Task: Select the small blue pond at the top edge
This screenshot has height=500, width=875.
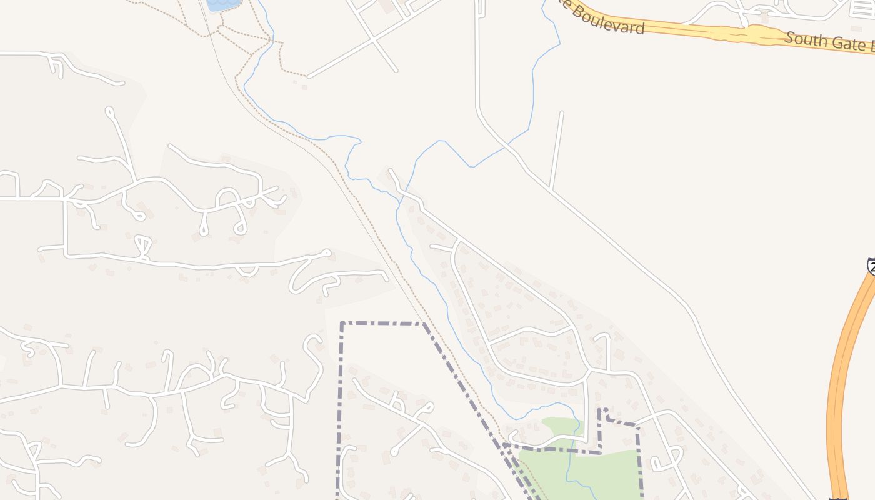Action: point(223,4)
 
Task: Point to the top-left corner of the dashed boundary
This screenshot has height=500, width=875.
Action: point(342,323)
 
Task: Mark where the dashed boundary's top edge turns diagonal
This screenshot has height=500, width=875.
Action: point(423,323)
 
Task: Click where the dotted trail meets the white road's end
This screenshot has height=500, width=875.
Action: point(307,77)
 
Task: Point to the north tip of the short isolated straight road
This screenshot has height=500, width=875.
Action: point(562,112)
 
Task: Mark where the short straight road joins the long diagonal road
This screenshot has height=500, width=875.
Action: point(550,188)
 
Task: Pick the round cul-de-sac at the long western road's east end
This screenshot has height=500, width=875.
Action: point(326,252)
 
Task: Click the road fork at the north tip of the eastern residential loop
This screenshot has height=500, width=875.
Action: point(459,241)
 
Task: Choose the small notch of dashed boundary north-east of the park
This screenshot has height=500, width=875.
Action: point(602,414)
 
